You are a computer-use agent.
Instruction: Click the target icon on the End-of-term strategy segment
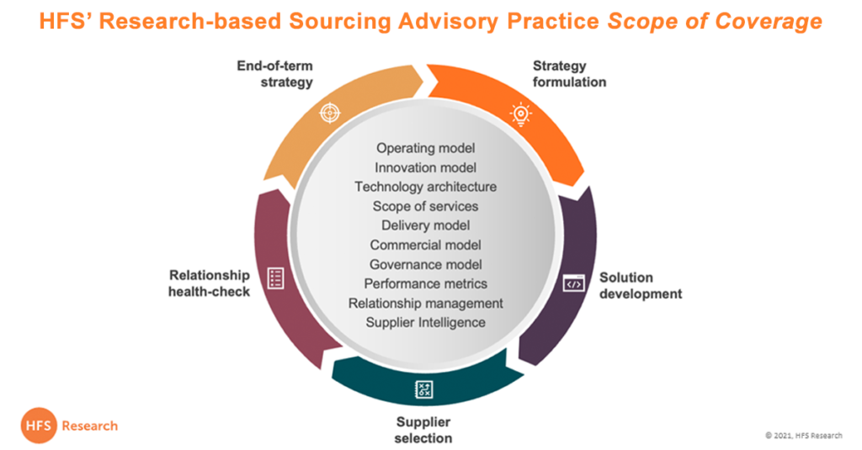coord(330,112)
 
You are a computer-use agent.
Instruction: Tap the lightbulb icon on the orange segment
coord(521,113)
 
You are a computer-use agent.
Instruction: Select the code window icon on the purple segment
coord(573,283)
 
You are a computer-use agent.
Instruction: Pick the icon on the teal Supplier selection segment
coord(423,389)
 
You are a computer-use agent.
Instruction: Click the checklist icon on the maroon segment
coord(275,278)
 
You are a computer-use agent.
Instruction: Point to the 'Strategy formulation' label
coord(569,74)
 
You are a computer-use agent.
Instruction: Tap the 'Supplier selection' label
coord(423,430)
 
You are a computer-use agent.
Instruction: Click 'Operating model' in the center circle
coord(425,148)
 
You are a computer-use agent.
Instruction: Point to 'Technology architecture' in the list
coord(425,187)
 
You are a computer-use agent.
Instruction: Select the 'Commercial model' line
coord(425,245)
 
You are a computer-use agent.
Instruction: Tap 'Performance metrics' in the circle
coord(425,283)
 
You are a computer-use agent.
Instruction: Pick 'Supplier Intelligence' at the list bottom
coord(425,322)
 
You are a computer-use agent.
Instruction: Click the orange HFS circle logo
coord(39,426)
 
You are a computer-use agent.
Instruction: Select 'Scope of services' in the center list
coord(425,206)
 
